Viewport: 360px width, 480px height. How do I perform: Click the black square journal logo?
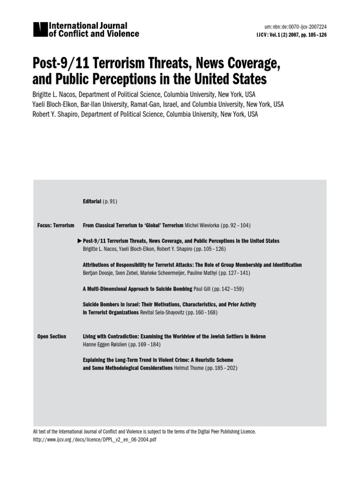point(40,30)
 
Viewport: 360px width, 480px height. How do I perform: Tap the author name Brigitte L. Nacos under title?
point(56,94)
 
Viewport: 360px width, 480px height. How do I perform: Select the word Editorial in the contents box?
point(92,201)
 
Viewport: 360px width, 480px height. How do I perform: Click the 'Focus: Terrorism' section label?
point(56,225)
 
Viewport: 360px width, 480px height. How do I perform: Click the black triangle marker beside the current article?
point(79,240)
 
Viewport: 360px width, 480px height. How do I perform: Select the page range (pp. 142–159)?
point(229,289)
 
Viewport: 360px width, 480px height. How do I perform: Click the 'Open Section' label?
point(52,337)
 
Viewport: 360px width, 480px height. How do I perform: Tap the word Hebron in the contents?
point(257,337)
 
